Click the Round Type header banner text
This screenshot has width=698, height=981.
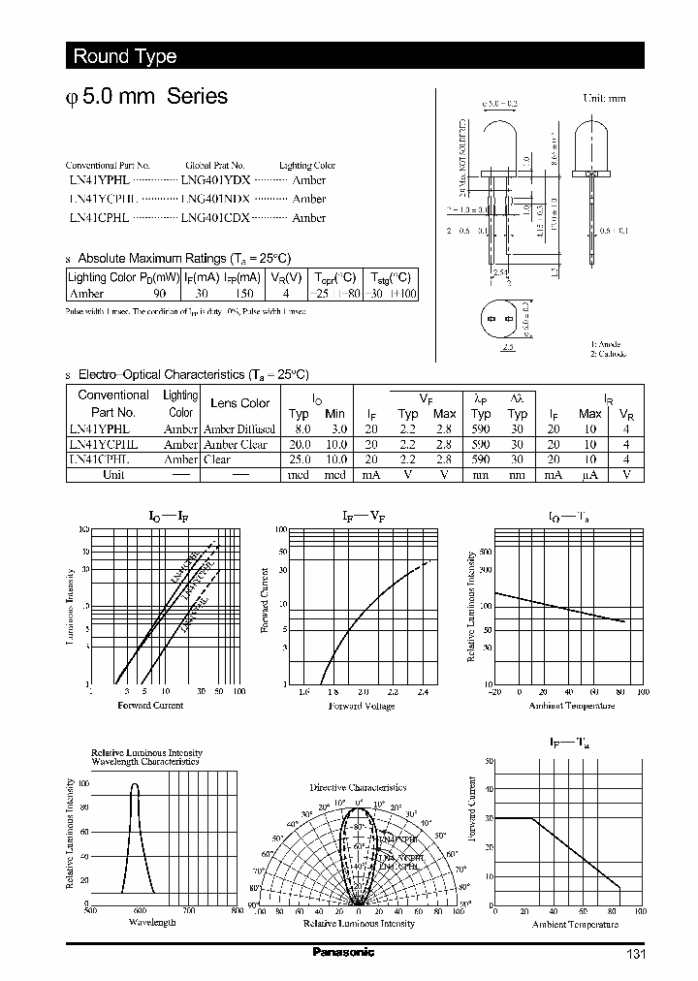click(x=125, y=56)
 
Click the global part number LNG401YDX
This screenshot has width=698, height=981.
click(x=215, y=180)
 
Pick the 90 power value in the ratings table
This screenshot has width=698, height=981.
click(x=160, y=292)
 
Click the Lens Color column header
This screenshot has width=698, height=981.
click(x=240, y=403)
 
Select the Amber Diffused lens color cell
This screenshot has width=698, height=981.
click(x=239, y=428)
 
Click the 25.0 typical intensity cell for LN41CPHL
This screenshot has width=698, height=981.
click(x=301, y=459)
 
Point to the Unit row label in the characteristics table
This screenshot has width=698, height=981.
click(x=113, y=475)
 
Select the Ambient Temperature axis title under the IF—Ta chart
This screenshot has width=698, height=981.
click(x=574, y=924)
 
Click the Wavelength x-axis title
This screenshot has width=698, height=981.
click(x=152, y=922)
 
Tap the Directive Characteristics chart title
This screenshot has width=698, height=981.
click(x=358, y=788)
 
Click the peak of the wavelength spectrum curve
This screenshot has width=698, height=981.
click(x=135, y=783)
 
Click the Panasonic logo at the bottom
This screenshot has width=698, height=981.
click(x=343, y=952)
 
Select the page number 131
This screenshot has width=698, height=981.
click(x=634, y=954)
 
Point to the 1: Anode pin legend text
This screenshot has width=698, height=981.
click(x=607, y=344)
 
